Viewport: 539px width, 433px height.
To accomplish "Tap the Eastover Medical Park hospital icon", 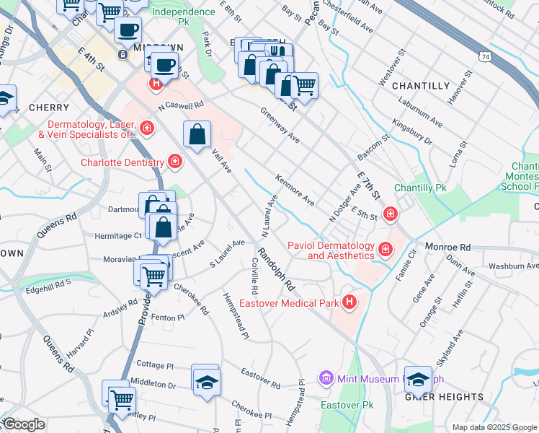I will point(349,302).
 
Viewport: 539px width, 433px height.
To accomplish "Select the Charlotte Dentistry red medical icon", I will point(174,162).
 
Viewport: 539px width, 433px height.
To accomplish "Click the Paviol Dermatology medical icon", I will point(386,250).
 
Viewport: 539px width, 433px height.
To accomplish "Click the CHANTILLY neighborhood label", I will point(421,86).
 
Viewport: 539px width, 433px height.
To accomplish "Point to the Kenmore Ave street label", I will point(295,189).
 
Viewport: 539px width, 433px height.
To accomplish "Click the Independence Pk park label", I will point(183,12).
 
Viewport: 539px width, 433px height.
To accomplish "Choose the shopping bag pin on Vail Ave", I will point(197,135).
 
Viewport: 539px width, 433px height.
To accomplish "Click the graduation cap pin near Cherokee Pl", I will point(206,380).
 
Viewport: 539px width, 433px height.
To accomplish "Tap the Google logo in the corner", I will point(23,424).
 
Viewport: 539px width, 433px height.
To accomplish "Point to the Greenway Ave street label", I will point(280,126).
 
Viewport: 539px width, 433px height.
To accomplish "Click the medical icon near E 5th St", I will point(390,214).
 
